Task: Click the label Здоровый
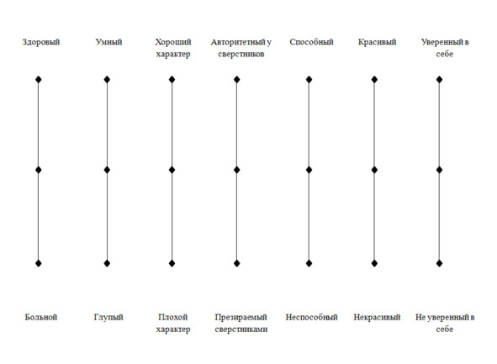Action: coord(41,42)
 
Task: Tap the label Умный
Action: coord(108,42)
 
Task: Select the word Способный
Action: coord(312,42)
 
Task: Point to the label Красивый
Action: coord(378,42)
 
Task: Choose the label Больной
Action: coord(41,317)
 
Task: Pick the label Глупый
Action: coord(108,318)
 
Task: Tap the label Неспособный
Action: coord(312,317)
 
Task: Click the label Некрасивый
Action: coord(378,317)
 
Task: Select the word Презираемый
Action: coord(241,318)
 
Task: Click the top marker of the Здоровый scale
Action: coord(39,79)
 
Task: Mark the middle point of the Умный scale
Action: coord(107,170)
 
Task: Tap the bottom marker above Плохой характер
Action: coord(172,263)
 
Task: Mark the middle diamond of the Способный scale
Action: coord(309,170)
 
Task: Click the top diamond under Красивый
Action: coord(374,79)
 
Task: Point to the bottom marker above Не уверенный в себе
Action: coord(439,263)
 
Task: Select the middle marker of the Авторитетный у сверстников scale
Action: coord(237,170)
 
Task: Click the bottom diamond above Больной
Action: coord(39,263)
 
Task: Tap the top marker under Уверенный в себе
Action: coord(439,79)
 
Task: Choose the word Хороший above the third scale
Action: coord(173,42)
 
